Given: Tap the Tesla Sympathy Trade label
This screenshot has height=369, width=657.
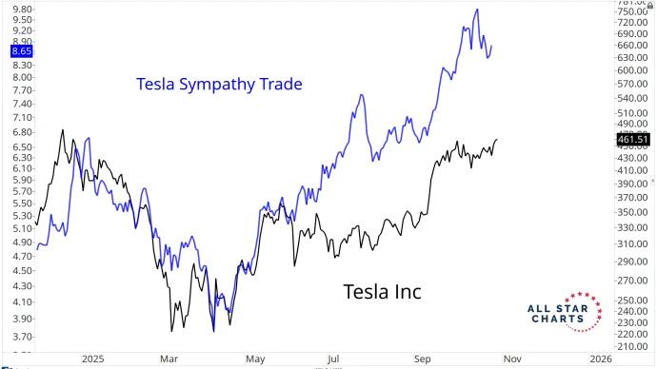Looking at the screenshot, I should [219, 85].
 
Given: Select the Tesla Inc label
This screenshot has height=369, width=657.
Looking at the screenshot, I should [381, 291].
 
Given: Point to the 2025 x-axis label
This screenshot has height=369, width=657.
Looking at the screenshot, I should [92, 359].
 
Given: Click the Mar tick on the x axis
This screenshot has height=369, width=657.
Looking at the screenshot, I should [168, 359].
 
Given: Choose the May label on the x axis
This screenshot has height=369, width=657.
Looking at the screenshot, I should [255, 359].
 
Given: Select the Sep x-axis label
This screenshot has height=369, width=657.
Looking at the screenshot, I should [423, 359].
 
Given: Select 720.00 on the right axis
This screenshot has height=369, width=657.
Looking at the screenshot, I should [633, 22].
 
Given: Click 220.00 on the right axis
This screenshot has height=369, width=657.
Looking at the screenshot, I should [633, 334].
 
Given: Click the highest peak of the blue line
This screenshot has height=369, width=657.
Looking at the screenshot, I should [476, 10].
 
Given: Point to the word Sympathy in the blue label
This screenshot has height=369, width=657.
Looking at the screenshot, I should [217, 85].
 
